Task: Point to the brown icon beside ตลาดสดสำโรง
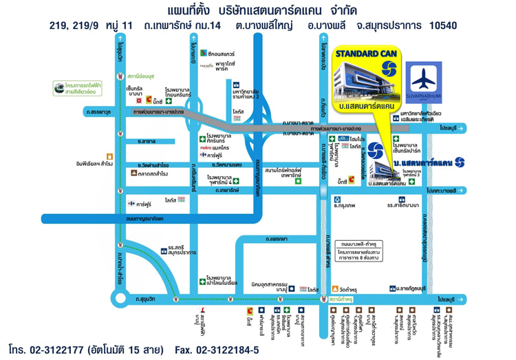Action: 133,173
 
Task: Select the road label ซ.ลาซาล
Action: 147,141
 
